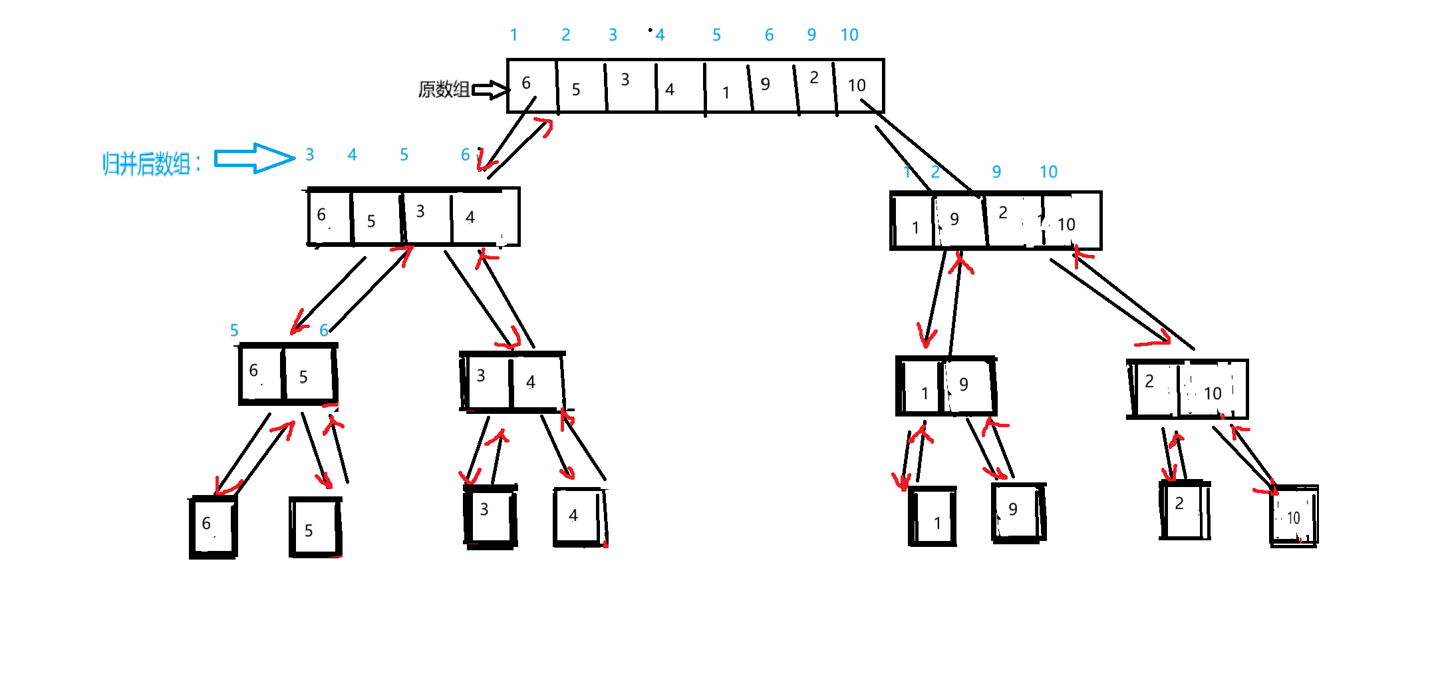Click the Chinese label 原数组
pyautogui.click(x=443, y=89)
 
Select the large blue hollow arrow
pyautogui.click(x=254, y=158)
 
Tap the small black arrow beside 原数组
pyautogui.click(x=491, y=90)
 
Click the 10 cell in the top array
pyautogui.click(x=859, y=86)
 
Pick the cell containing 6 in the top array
pyautogui.click(x=531, y=85)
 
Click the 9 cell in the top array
pyautogui.click(x=772, y=86)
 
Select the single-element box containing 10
pyautogui.click(x=1294, y=517)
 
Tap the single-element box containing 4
pyautogui.click(x=579, y=516)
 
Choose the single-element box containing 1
pyautogui.click(x=933, y=517)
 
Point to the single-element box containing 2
pyautogui.click(x=1185, y=510)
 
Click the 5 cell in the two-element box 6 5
pyautogui.click(x=309, y=375)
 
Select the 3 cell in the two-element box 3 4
pyautogui.click(x=488, y=381)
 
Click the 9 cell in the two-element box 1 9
pyautogui.click(x=968, y=385)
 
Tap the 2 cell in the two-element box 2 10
pyautogui.click(x=1155, y=388)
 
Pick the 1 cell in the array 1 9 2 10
pyautogui.click(x=913, y=222)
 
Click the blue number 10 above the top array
pyautogui.click(x=849, y=35)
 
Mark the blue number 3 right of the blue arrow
pyautogui.click(x=310, y=155)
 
